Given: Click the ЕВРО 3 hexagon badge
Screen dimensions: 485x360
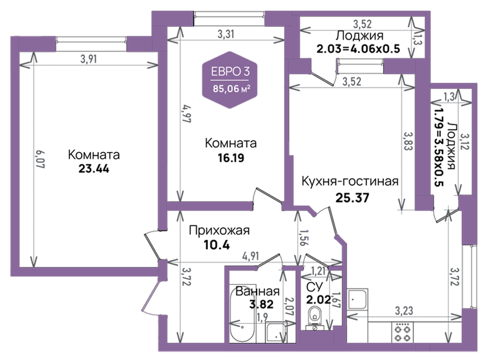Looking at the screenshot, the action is tap(230, 80).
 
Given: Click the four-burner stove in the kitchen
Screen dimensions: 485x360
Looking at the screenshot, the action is tap(403, 332).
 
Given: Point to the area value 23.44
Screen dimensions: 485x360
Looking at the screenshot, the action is tap(93, 169).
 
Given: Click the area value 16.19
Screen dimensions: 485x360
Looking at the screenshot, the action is tap(231, 158).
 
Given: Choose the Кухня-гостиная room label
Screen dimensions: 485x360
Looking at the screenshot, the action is tap(350, 182).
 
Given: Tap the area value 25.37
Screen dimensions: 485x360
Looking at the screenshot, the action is tap(352, 198).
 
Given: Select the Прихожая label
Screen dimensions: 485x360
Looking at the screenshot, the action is tap(219, 231).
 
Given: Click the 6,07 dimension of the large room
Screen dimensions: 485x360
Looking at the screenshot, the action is tap(40, 159).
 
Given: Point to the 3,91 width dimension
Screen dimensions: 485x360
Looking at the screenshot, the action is tap(89, 59).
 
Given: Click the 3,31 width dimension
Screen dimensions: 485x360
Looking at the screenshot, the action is tap(226, 34).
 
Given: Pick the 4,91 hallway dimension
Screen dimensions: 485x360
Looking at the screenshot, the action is tap(250, 256).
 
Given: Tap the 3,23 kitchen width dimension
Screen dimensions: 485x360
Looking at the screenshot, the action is tap(404, 311).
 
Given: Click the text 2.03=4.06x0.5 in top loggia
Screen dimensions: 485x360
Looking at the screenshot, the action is tap(358, 49).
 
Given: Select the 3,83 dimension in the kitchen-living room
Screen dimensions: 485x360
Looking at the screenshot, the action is tap(408, 141).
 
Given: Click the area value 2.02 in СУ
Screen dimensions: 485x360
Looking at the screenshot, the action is tap(318, 300).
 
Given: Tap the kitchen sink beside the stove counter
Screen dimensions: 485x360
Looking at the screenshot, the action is tap(358, 299).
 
